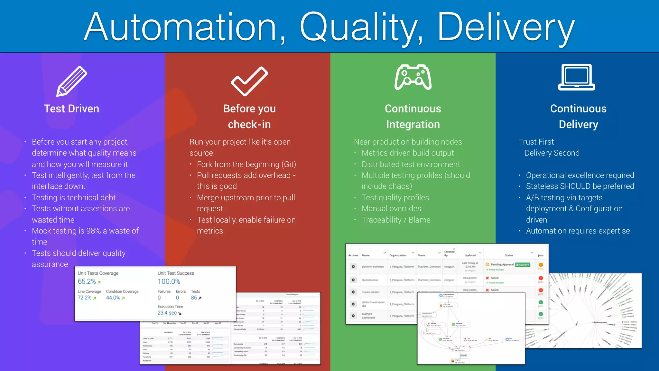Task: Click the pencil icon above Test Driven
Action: coord(72,81)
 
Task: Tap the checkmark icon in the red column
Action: coord(249,81)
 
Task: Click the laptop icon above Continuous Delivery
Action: coord(576,78)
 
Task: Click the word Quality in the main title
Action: coord(361,27)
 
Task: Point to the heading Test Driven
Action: coord(71,109)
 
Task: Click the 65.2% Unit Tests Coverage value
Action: coord(87,281)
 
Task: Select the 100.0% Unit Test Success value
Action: coord(169,281)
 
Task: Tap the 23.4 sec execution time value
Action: coord(167,313)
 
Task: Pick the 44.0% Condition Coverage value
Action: coord(113,298)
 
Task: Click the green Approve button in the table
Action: coord(523,265)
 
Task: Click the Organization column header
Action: coord(398,255)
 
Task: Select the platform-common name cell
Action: coord(373,267)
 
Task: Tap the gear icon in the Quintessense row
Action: coord(353,280)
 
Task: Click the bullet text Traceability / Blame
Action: coord(396,220)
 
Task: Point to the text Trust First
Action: coord(536,142)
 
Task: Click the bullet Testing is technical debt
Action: coord(74,197)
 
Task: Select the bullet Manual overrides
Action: coord(391,209)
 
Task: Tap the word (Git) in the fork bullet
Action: coord(289,164)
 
